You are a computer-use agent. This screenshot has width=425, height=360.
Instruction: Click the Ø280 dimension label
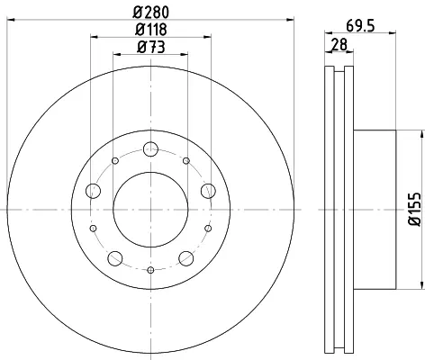[151, 13]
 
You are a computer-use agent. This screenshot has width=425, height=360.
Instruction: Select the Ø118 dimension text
[151, 30]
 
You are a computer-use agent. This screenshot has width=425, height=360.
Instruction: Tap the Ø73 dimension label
[151, 47]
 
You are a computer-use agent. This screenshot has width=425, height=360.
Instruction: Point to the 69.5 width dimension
[360, 26]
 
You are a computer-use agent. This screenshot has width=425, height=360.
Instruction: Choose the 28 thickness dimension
[339, 45]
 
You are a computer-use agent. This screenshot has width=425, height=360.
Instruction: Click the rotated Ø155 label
[415, 210]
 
